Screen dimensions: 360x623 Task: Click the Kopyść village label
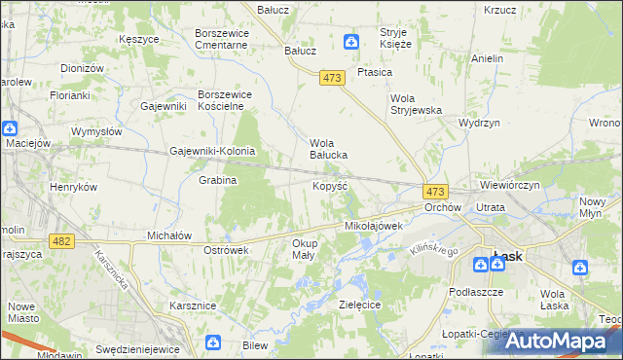pyautogui.click(x=329, y=185)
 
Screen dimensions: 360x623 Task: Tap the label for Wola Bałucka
pyautogui.click(x=329, y=148)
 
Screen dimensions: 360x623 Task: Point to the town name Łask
pyautogui.click(x=507, y=256)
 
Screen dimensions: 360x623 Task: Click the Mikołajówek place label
pyautogui.click(x=374, y=226)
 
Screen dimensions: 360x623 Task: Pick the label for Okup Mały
pyautogui.click(x=304, y=248)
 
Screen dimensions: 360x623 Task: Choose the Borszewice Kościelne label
pyautogui.click(x=226, y=100)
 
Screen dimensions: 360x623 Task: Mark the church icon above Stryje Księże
pyautogui.click(x=352, y=41)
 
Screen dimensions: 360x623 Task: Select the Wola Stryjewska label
pyautogui.click(x=417, y=104)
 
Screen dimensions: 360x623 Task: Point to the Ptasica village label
pyautogui.click(x=375, y=72)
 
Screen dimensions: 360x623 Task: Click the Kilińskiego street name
pyautogui.click(x=433, y=252)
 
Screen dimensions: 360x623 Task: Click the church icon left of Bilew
pyautogui.click(x=214, y=342)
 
